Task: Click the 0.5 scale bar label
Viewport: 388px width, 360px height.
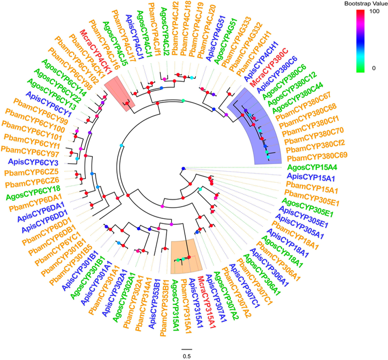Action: point(186,355)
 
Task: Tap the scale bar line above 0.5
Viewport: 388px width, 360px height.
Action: point(186,349)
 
